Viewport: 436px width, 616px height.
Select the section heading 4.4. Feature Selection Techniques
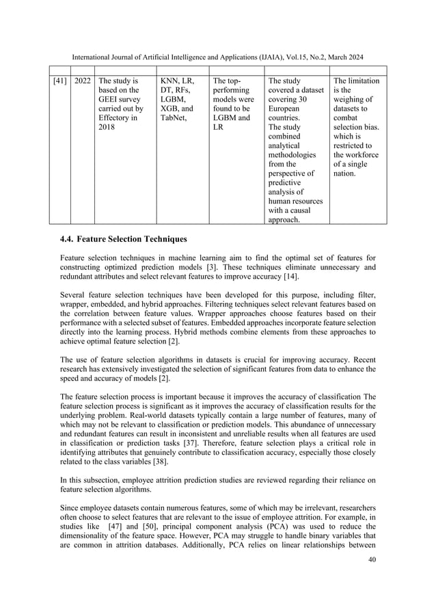coord(124,240)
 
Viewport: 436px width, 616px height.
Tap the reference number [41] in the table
coord(60,81)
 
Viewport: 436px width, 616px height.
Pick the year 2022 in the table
coord(83,81)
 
